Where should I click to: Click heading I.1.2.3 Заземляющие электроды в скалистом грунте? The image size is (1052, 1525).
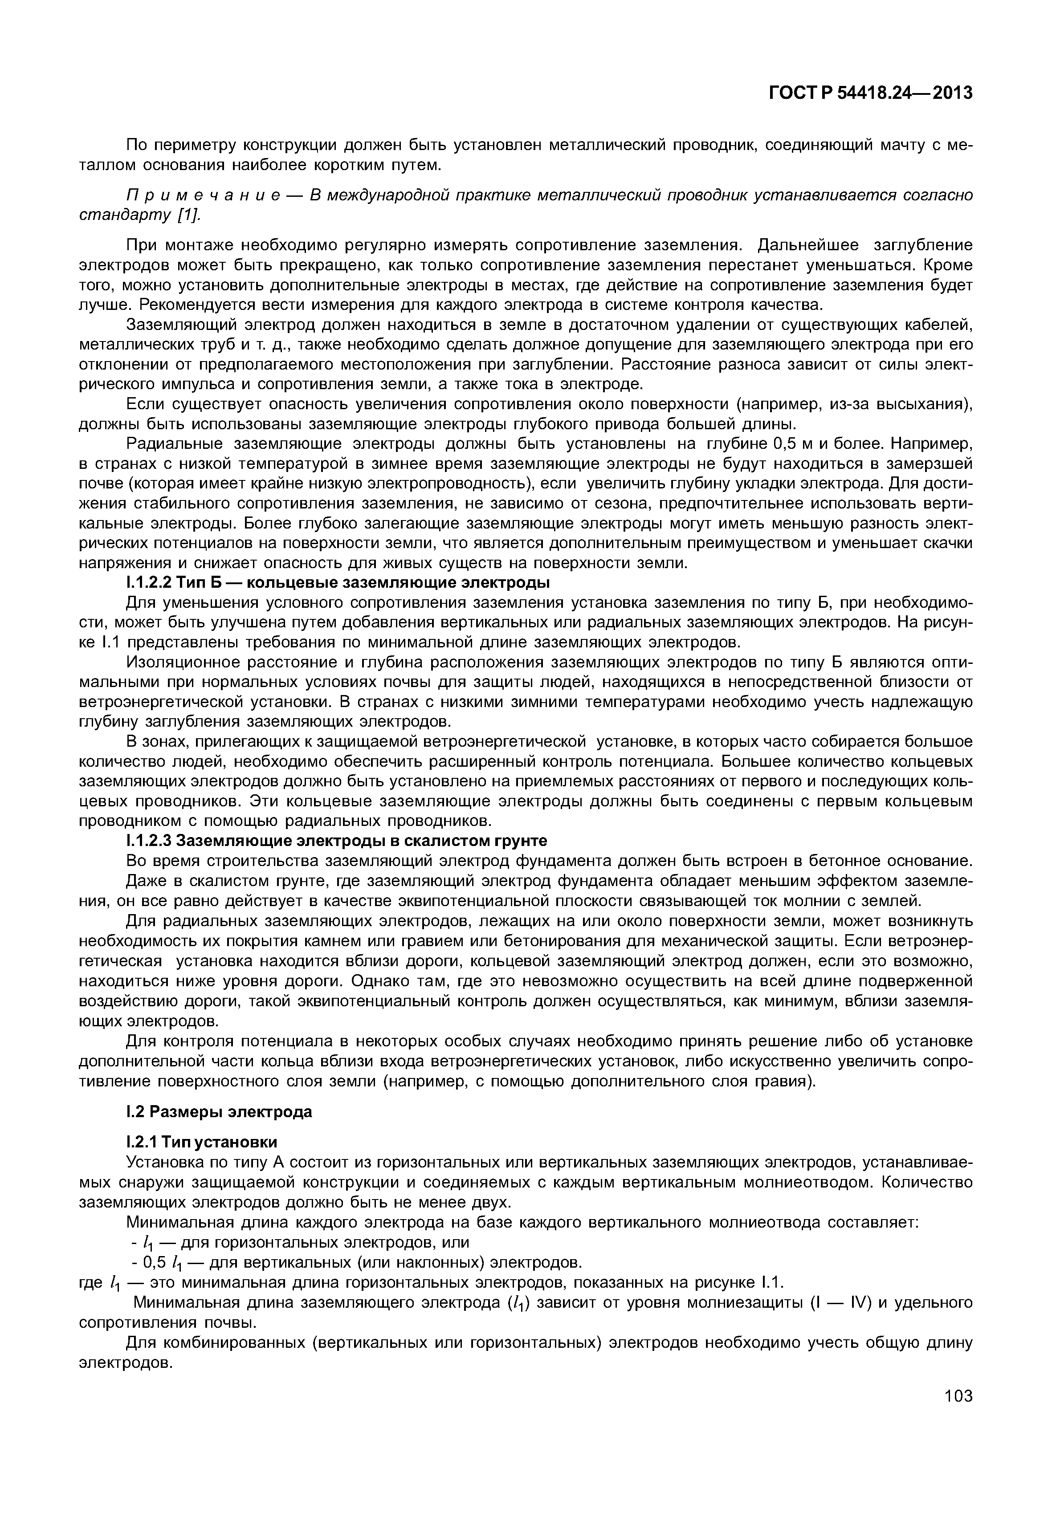[336, 841]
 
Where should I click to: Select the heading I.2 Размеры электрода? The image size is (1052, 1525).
[219, 1112]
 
